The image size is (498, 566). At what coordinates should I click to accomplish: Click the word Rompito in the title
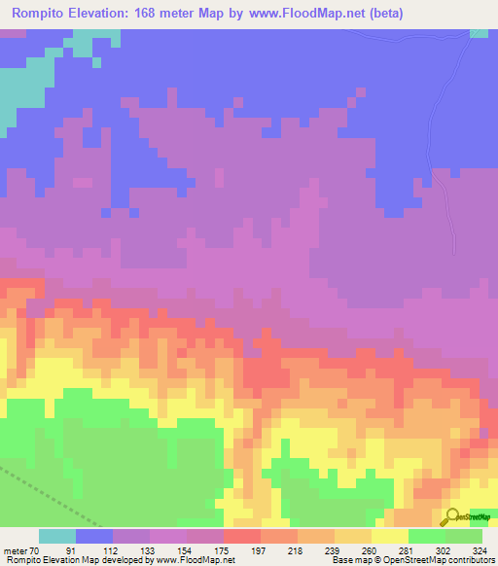(42, 14)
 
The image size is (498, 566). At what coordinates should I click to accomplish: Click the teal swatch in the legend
(57, 536)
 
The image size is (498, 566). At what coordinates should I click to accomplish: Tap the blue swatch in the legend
(94, 536)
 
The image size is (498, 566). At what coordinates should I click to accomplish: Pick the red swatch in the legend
(242, 536)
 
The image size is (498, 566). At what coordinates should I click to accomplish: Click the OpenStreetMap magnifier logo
(451, 516)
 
